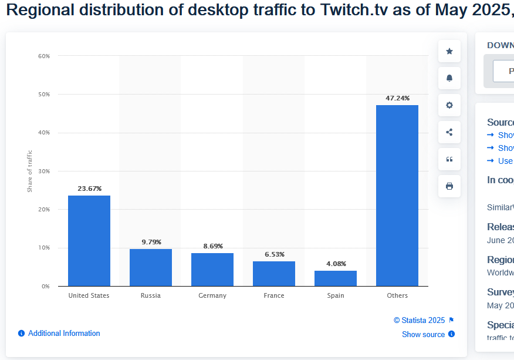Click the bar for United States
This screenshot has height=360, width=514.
click(89, 241)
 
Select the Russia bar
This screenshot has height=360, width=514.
click(151, 267)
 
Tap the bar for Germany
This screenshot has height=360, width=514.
click(212, 270)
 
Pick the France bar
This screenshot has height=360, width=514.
click(274, 274)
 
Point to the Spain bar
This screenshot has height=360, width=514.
click(336, 278)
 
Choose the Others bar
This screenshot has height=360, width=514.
click(397, 196)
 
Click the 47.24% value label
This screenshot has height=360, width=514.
click(397, 98)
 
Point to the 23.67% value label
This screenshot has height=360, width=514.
click(89, 189)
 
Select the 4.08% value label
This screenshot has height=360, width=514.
click(336, 264)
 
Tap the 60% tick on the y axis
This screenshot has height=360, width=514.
click(44, 56)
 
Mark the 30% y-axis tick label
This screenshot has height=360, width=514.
click(44, 171)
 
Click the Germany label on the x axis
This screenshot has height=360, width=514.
click(212, 295)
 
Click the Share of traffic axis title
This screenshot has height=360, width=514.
click(30, 171)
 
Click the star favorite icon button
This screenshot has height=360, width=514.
click(449, 51)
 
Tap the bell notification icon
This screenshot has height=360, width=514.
click(449, 78)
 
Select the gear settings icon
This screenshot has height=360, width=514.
click(449, 105)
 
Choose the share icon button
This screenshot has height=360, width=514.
click(449, 132)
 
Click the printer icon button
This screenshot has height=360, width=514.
click(449, 186)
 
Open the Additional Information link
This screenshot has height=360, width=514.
click(64, 333)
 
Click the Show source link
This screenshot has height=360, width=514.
click(423, 334)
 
